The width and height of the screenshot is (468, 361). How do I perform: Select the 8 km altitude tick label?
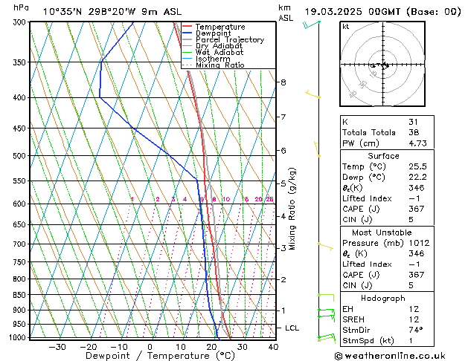(x=283, y=82)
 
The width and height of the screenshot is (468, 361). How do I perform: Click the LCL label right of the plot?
(x=292, y=328)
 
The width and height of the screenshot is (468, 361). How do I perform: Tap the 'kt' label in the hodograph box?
(x=345, y=26)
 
